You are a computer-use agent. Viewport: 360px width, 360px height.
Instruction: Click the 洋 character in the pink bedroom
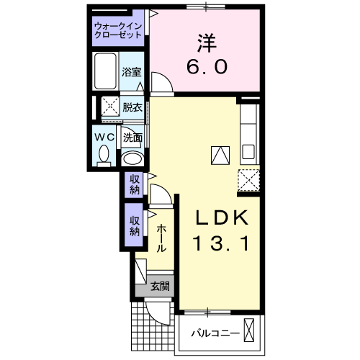pyautogui.click(x=207, y=42)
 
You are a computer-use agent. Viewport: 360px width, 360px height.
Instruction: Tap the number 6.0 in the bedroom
pyautogui.click(x=207, y=67)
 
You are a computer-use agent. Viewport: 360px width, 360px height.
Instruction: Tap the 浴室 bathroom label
pyautogui.click(x=131, y=72)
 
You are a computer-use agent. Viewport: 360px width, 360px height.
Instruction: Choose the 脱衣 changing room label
pyautogui.click(x=132, y=108)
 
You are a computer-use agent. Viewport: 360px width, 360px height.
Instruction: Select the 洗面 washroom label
pyautogui.click(x=132, y=137)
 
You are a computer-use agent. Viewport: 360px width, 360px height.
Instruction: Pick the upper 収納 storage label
pyautogui.click(x=135, y=185)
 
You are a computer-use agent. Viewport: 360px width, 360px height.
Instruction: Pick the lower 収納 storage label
pyautogui.click(x=135, y=226)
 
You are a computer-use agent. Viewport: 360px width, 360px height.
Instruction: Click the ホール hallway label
pyautogui.click(x=161, y=237)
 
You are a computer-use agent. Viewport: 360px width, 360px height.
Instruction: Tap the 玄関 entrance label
pyautogui.click(x=160, y=286)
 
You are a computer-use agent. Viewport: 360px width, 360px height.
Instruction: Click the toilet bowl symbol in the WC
pyautogui.click(x=104, y=155)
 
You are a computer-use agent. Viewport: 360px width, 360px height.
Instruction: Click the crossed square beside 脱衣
pyautogui.click(x=109, y=107)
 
